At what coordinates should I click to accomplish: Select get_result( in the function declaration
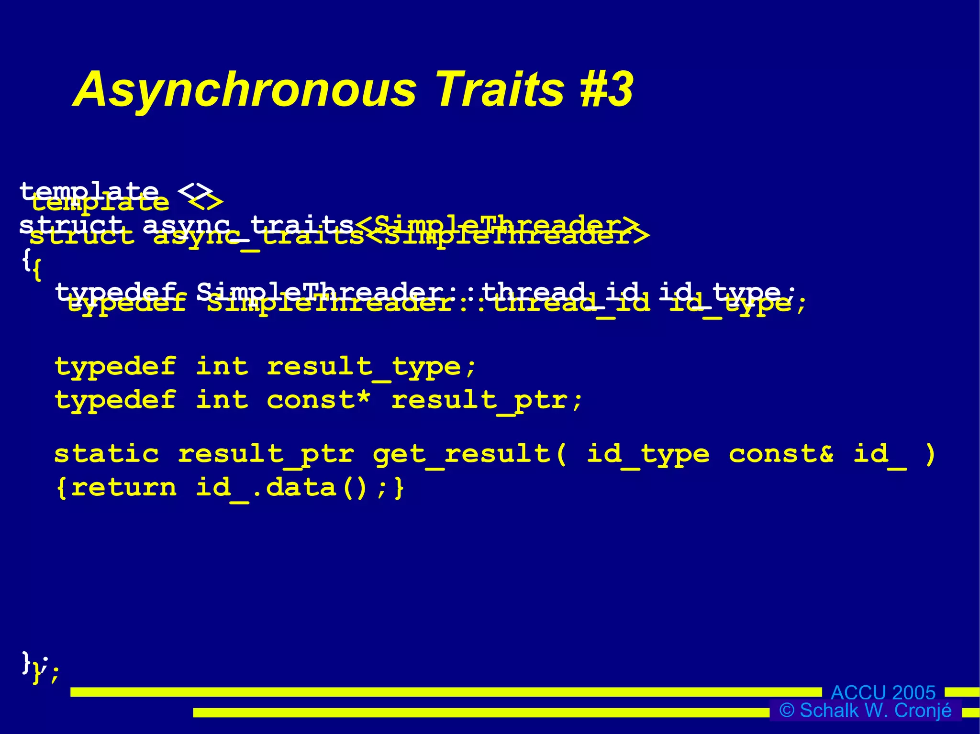(x=469, y=454)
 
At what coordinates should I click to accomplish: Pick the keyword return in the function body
(x=123, y=488)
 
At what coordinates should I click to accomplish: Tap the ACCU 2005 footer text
(x=883, y=692)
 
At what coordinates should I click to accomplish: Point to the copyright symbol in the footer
(x=786, y=711)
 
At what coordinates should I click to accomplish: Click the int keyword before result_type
(x=222, y=366)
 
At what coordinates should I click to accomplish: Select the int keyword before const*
(x=222, y=400)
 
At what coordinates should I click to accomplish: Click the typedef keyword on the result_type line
(x=115, y=367)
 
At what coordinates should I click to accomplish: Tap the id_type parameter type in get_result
(x=648, y=454)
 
